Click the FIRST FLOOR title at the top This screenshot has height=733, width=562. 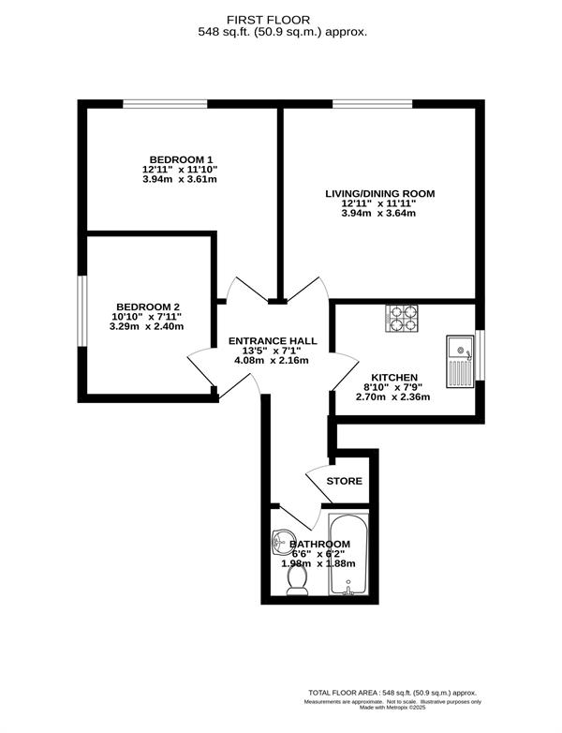[268, 20]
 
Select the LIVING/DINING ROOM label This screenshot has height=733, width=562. [379, 193]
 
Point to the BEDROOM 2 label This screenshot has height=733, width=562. [148, 307]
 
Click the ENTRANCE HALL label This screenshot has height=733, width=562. [273, 341]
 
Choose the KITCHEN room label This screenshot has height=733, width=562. [394, 378]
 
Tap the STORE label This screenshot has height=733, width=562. [345, 481]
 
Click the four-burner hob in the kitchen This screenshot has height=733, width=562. [402, 319]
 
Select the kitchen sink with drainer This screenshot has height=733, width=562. [461, 362]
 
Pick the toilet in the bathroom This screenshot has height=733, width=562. [296, 580]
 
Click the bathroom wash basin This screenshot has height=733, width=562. [283, 543]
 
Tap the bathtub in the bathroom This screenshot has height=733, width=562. [348, 554]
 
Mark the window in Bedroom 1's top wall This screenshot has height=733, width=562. [165, 104]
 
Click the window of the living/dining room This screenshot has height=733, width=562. [373, 104]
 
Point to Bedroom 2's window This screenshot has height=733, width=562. [82, 311]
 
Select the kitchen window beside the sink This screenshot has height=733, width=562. [480, 355]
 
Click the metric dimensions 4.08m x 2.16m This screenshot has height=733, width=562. [272, 361]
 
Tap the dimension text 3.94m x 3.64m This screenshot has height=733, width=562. [378, 214]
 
